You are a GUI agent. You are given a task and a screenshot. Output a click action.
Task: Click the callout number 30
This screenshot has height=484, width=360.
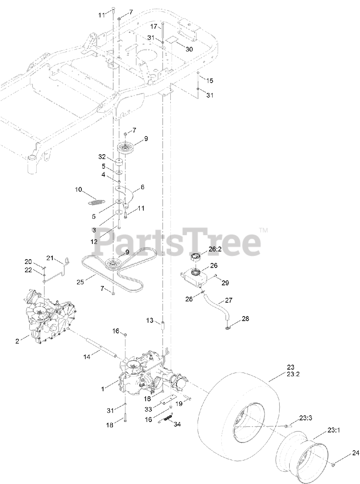tap(189, 50)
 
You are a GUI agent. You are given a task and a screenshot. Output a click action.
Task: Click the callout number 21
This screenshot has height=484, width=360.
tap(51, 258)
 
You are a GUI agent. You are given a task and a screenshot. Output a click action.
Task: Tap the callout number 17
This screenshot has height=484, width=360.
tap(154, 26)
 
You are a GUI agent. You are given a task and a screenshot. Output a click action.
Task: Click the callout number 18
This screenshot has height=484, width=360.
tap(110, 425)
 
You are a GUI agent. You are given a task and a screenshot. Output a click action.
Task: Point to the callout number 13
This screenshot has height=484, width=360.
tap(150, 320)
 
